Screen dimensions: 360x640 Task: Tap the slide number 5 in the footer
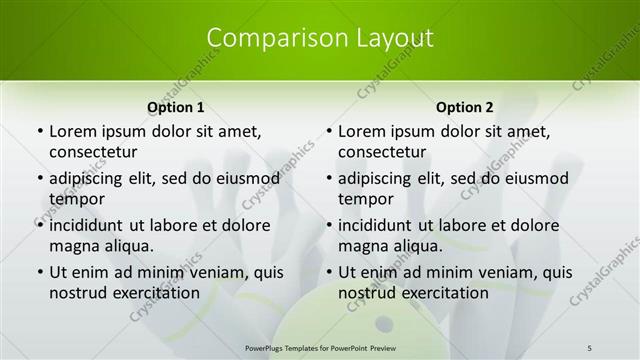(590, 347)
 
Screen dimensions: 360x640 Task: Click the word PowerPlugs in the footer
(268, 347)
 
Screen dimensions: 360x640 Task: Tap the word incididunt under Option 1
(91, 225)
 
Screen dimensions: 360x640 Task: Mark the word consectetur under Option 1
(93, 152)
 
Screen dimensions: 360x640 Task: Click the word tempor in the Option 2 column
(366, 199)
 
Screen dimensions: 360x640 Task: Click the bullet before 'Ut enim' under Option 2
(330, 272)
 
